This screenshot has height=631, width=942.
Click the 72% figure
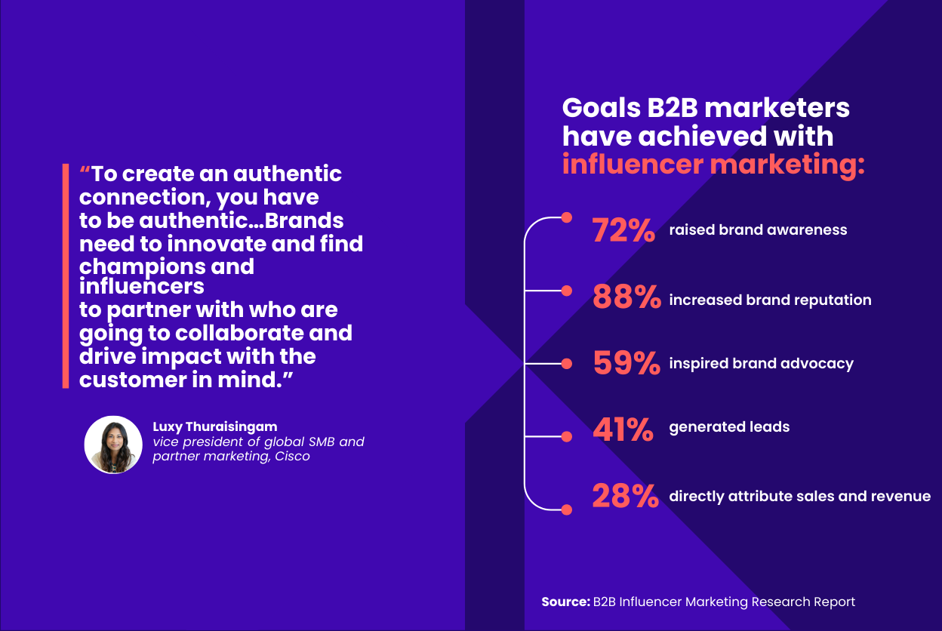(x=623, y=230)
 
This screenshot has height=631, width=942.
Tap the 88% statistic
(x=626, y=297)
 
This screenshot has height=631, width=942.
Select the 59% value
(x=626, y=363)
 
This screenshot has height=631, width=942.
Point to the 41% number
(x=623, y=429)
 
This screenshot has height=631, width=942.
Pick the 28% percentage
(x=626, y=496)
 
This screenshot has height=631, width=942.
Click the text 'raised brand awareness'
(x=758, y=229)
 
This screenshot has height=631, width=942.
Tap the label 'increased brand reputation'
(x=770, y=300)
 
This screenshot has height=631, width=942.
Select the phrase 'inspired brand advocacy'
(x=761, y=363)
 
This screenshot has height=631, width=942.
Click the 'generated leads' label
(x=729, y=426)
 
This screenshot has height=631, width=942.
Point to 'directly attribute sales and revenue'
(x=799, y=496)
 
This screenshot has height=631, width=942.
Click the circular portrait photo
(x=113, y=445)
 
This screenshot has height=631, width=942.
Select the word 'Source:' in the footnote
(x=565, y=602)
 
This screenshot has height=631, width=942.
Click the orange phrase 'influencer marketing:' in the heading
(x=713, y=165)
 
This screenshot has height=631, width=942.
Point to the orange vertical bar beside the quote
(x=66, y=275)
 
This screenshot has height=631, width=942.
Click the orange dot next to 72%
(x=567, y=218)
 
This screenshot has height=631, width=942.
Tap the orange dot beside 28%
(x=567, y=509)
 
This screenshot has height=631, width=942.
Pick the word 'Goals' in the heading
(x=600, y=108)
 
